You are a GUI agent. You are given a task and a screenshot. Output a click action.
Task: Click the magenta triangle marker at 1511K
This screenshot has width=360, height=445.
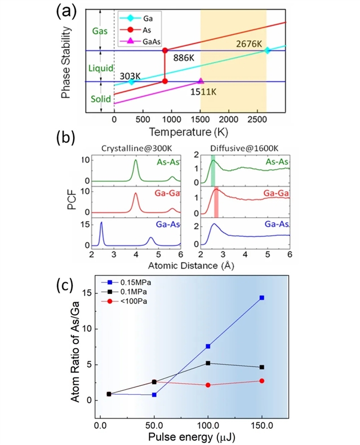201,81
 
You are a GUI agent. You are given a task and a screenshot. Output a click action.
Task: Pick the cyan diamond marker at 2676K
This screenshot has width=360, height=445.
268,51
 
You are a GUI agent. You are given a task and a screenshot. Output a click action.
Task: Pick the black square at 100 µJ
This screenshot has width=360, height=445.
208,363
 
